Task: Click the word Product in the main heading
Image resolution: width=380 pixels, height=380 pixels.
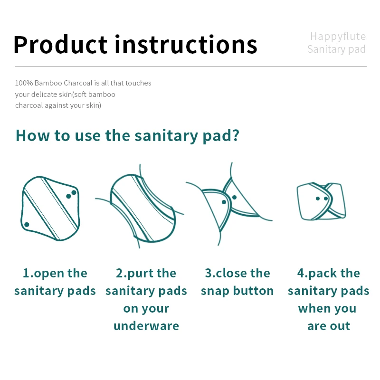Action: pos(61,44)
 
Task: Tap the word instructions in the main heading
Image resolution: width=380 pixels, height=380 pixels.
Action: pos(186,44)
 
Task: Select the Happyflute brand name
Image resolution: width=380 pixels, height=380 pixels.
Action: pos(338,36)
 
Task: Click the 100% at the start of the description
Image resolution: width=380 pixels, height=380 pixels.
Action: pos(24,83)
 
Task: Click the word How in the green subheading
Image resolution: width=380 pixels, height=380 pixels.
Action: pos(33,135)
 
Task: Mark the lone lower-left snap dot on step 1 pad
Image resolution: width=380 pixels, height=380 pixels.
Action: pos(27,224)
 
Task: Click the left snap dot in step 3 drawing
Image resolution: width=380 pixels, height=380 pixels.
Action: pos(224,202)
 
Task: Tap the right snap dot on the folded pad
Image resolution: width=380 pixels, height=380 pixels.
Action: pos(326,199)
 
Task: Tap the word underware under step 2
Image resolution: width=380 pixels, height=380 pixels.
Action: pos(146,326)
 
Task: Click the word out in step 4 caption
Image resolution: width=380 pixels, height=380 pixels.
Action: pos(339,326)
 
